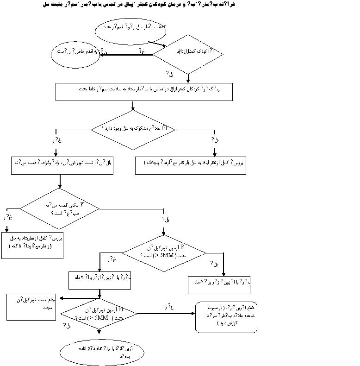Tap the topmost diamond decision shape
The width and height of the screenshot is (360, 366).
pos(189,54)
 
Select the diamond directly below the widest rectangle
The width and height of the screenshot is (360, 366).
pos(133,130)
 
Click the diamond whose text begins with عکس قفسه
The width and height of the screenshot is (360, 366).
pos(60,207)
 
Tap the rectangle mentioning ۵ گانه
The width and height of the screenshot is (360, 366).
pos(33,245)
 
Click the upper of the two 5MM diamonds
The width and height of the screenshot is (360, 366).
pos(163,253)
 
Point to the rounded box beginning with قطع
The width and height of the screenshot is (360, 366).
pos(226,317)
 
